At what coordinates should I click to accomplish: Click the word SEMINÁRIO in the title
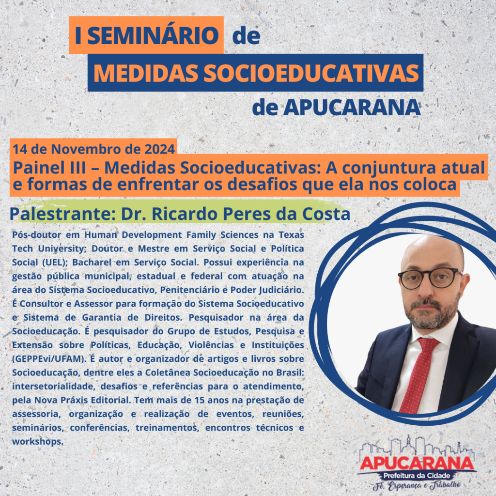(153, 35)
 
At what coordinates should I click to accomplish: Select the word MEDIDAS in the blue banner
(146, 73)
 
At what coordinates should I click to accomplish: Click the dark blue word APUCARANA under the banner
(352, 108)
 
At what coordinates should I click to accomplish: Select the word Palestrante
(62, 214)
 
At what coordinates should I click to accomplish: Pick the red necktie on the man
(418, 375)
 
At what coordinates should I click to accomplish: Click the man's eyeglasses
(430, 278)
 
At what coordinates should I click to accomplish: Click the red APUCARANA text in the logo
(417, 463)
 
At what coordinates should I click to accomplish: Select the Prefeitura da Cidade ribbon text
(417, 476)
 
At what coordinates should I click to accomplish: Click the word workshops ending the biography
(38, 442)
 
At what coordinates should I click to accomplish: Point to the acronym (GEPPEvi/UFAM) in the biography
(49, 359)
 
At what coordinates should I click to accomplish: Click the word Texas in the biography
(291, 235)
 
